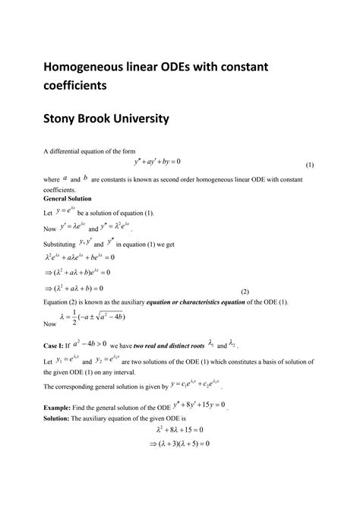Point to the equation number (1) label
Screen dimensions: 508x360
(x=310, y=165)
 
